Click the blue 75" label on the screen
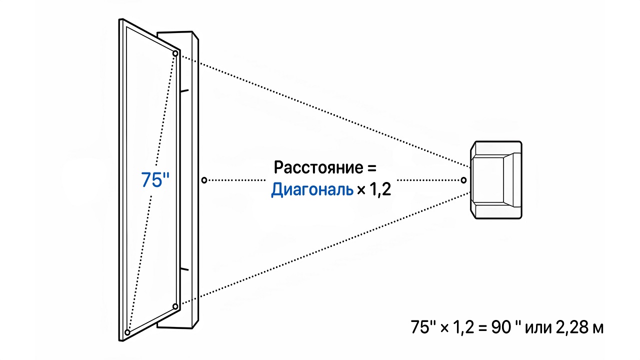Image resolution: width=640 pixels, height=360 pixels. point(155,179)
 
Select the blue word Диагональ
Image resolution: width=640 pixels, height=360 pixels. point(312,189)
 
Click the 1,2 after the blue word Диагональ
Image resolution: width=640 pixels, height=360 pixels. point(380,189)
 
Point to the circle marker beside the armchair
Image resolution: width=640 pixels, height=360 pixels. point(463,180)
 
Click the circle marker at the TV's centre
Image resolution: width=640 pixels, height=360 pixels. point(204,180)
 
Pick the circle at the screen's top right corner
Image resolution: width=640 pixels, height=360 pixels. point(175,53)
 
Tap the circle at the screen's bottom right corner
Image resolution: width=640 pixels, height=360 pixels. point(175,306)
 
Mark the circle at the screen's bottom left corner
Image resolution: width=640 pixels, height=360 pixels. point(127,332)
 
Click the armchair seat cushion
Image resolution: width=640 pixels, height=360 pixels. point(487,180)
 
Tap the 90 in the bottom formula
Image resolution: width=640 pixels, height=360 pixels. point(501,327)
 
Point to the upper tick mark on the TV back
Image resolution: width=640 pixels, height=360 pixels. point(184,91)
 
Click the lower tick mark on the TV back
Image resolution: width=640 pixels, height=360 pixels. point(184,269)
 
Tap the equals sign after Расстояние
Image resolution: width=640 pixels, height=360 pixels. point(371,168)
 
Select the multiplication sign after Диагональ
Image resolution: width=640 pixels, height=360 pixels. point(361,190)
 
